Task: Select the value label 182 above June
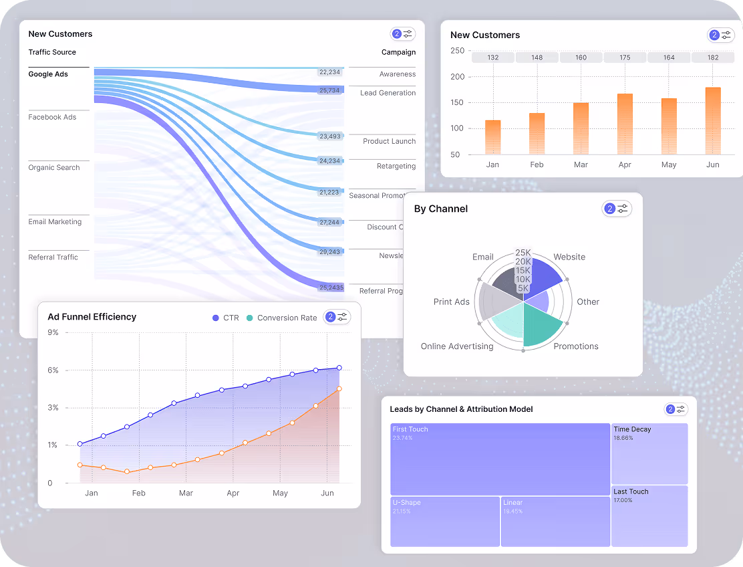[x=713, y=58]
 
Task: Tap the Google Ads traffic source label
[x=48, y=74]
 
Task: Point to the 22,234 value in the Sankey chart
[x=329, y=72]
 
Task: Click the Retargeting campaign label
[x=396, y=166]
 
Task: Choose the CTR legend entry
[x=225, y=318]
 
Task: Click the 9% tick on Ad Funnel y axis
[x=53, y=332]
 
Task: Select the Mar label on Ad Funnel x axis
[x=186, y=493]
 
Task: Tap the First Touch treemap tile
[x=500, y=459]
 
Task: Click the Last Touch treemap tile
[x=649, y=516]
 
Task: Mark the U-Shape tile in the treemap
[x=445, y=522]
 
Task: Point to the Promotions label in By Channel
[x=575, y=346]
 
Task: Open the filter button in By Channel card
[x=617, y=209]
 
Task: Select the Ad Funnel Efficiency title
[x=92, y=317]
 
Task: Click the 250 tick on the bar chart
[x=460, y=51]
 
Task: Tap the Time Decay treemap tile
[x=649, y=453]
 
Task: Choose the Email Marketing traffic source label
[x=55, y=222]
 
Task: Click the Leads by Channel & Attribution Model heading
[x=461, y=409]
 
